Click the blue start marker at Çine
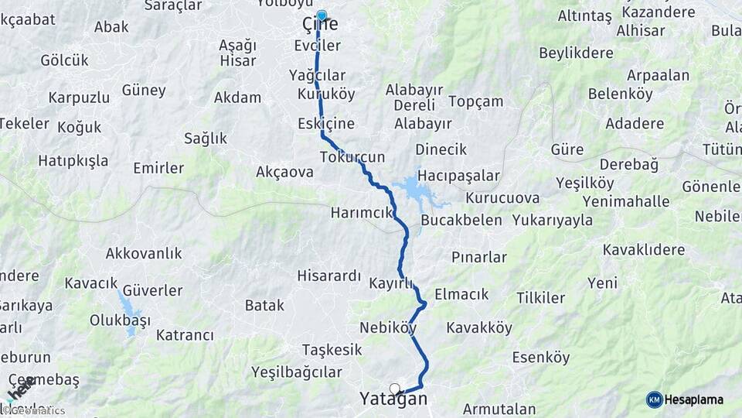coord(322,14)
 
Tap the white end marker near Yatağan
coord(395,389)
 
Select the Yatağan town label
coord(393,399)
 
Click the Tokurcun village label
coord(352,157)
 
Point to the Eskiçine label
coord(326,124)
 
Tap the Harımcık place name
coord(362,212)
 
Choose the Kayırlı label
coord(391,283)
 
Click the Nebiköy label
coord(388,327)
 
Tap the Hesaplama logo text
coord(693,399)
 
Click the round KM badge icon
coord(654,399)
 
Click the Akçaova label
coord(284,172)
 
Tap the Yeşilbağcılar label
coord(296,372)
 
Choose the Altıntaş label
coord(585,15)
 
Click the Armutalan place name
coord(499,409)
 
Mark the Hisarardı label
coord(329,276)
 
